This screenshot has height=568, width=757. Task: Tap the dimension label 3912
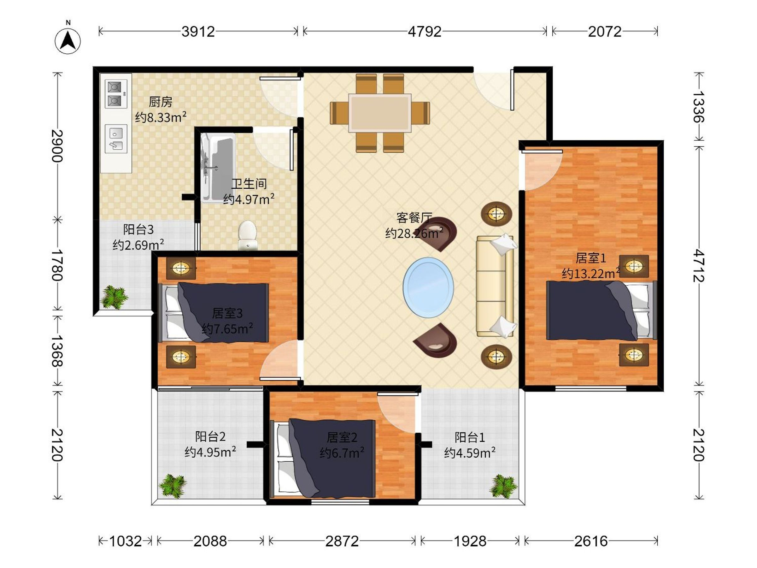pyautogui.click(x=198, y=32)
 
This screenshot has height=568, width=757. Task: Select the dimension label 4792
pyautogui.click(x=425, y=32)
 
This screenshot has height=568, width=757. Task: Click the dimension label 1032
pyautogui.click(x=125, y=541)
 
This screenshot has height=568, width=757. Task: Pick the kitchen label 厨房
pyautogui.click(x=161, y=102)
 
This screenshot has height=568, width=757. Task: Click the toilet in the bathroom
pyautogui.click(x=247, y=235)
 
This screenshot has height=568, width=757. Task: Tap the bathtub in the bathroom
pyautogui.click(x=218, y=168)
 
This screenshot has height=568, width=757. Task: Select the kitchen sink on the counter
pyautogui.click(x=116, y=139)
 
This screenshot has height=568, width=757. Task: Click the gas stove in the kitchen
pyautogui.click(x=116, y=94)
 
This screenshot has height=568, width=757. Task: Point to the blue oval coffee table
pyautogui.click(x=428, y=287)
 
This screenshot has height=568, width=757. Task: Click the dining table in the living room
pyautogui.click(x=380, y=113)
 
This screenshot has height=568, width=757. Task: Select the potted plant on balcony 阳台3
pyautogui.click(x=114, y=297)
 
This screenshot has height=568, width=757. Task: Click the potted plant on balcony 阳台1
pyautogui.click(x=503, y=486)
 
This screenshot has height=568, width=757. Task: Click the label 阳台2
pyautogui.click(x=210, y=436)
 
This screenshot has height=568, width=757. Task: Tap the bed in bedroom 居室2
pyautogui.click(x=323, y=459)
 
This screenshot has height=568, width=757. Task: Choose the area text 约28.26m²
pyautogui.click(x=414, y=233)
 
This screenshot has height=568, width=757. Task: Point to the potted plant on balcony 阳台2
pyautogui.click(x=173, y=486)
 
